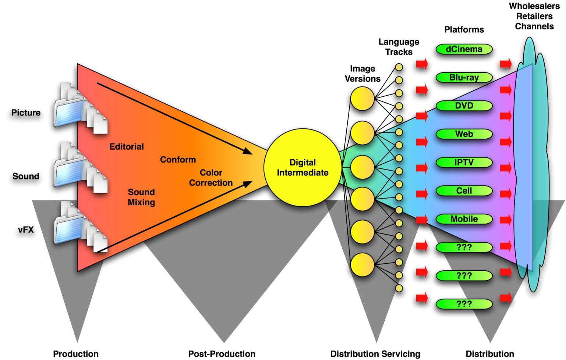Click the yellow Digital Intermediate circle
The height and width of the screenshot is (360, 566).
[x=303, y=167]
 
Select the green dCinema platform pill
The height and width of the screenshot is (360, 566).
[x=464, y=49]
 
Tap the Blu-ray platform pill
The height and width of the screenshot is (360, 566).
[x=464, y=78]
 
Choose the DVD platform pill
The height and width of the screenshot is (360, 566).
[x=464, y=106]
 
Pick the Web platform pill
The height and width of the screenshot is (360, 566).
[x=464, y=134]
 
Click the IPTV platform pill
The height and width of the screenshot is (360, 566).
[x=464, y=162]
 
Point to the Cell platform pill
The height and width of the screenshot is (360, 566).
[x=464, y=190]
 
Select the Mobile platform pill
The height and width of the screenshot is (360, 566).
[x=464, y=219]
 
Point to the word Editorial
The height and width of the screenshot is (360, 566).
[x=127, y=147]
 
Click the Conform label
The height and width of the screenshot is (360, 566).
[x=178, y=160]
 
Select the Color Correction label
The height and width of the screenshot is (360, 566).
[x=211, y=178]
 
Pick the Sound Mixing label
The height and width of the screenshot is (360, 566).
[x=141, y=197]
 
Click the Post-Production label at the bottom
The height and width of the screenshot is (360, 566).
[x=222, y=354]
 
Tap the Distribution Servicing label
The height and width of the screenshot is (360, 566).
[x=375, y=354]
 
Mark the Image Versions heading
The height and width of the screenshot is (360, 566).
[x=362, y=74]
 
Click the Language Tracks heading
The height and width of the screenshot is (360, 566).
[x=399, y=47]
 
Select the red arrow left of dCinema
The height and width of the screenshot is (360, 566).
[x=422, y=64]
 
